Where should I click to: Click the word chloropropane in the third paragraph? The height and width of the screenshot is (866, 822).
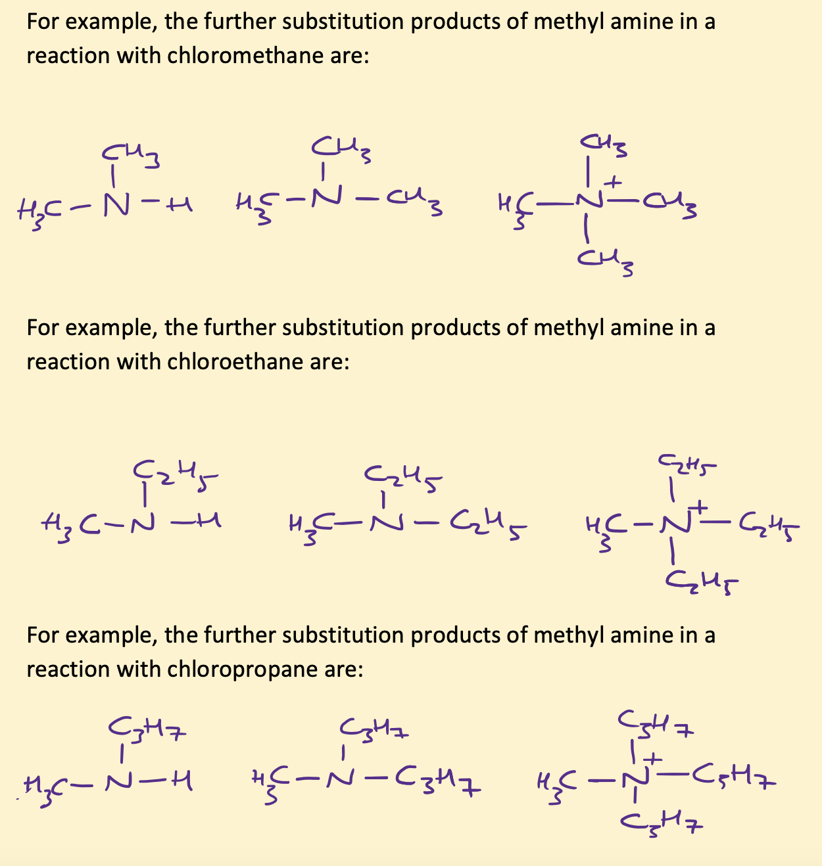(239, 670)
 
